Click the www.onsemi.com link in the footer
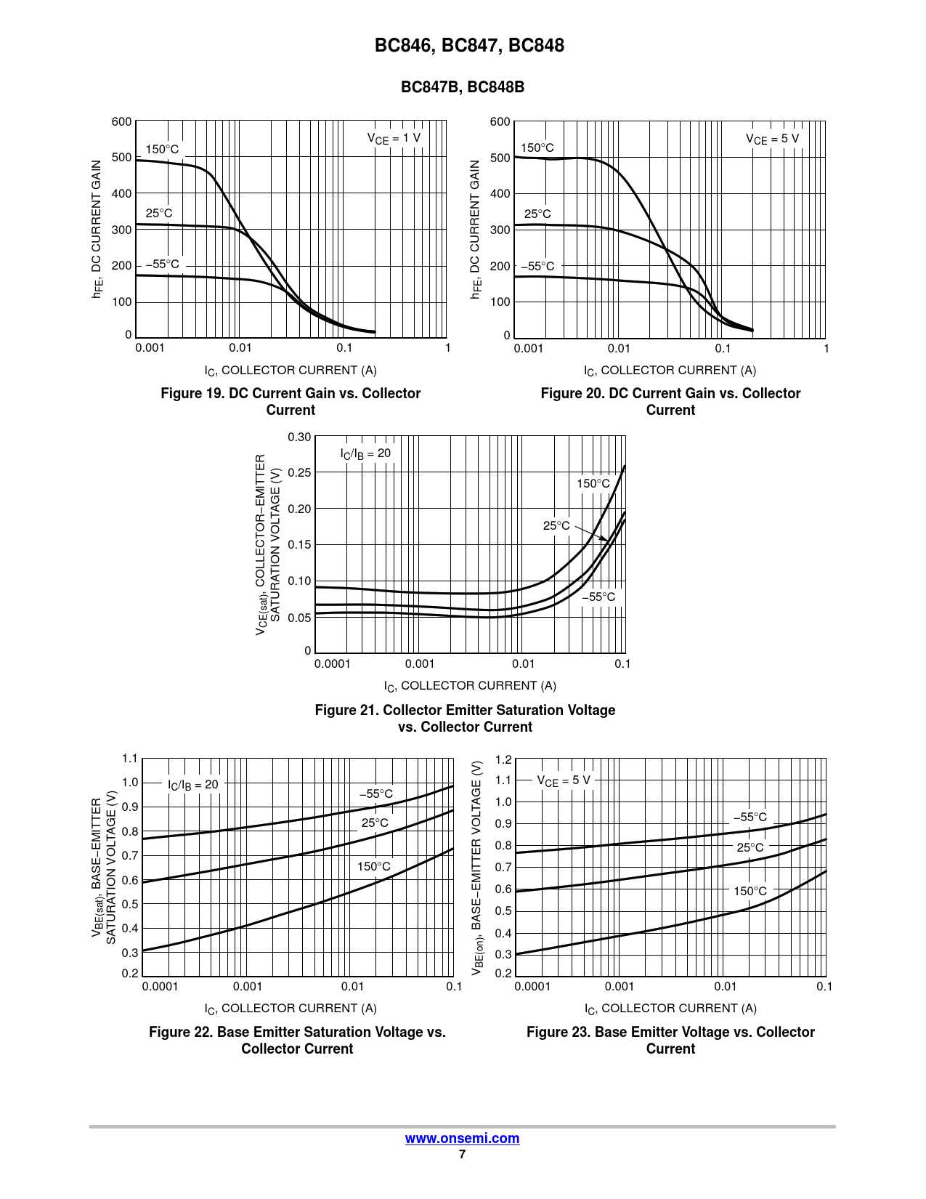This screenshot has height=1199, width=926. [x=462, y=1138]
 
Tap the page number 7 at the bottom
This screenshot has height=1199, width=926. [x=462, y=1154]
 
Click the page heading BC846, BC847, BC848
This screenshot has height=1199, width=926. [x=469, y=46]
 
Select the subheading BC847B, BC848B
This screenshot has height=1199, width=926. [x=463, y=87]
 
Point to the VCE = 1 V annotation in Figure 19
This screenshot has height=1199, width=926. [x=394, y=138]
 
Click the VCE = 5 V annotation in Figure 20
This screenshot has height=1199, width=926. [x=772, y=139]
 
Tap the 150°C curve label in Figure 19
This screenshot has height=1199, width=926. [x=162, y=150]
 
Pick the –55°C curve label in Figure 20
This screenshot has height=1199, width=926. [x=537, y=266]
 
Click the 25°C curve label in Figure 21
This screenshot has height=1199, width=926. [x=556, y=525]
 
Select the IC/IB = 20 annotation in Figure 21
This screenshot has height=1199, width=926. [x=365, y=453]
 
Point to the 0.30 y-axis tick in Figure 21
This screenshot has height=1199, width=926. [x=299, y=437]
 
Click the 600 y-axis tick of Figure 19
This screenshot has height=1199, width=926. [x=121, y=121]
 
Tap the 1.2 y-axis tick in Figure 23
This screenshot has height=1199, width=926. [x=503, y=759]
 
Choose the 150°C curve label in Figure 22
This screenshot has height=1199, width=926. [x=373, y=866]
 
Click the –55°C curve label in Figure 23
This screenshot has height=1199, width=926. [x=750, y=817]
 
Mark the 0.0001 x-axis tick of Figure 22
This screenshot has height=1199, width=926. [x=160, y=986]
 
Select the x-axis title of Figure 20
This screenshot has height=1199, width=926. [x=670, y=371]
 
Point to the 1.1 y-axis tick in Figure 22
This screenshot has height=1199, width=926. [x=130, y=759]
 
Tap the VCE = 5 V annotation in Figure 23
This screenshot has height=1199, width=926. [x=564, y=780]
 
